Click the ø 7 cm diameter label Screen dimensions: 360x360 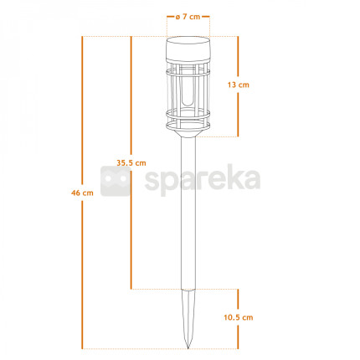pos(188,17)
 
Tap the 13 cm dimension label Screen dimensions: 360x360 pos(238,85)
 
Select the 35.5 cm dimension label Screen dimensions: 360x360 pos(131,162)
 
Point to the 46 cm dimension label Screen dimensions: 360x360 pos(82,193)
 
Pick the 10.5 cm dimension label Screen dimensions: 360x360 pos(239,317)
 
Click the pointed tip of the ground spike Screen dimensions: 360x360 pos(188,348)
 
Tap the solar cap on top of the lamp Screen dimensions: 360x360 pos(188,49)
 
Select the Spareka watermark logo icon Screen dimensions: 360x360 pos(116,181)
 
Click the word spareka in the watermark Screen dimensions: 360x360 pos(203,179)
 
